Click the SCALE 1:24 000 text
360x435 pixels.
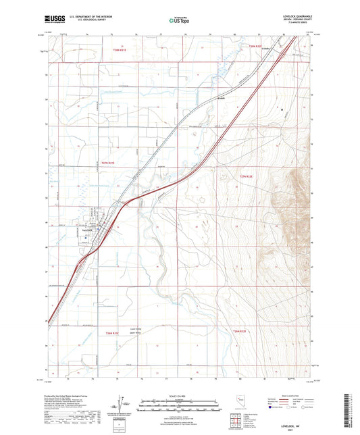click(x=179, y=395)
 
